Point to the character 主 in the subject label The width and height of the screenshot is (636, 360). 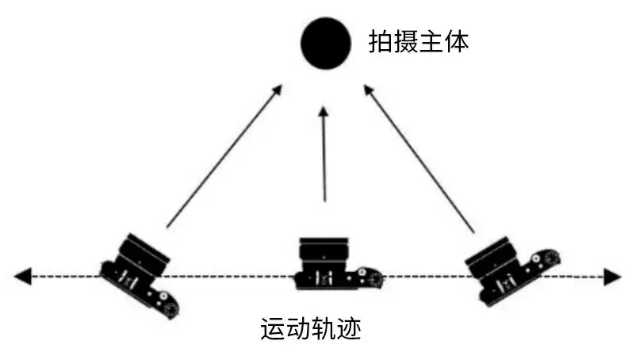[431, 42]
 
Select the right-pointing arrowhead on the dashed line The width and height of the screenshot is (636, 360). [611, 277]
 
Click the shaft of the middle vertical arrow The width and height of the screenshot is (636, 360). [324, 159]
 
